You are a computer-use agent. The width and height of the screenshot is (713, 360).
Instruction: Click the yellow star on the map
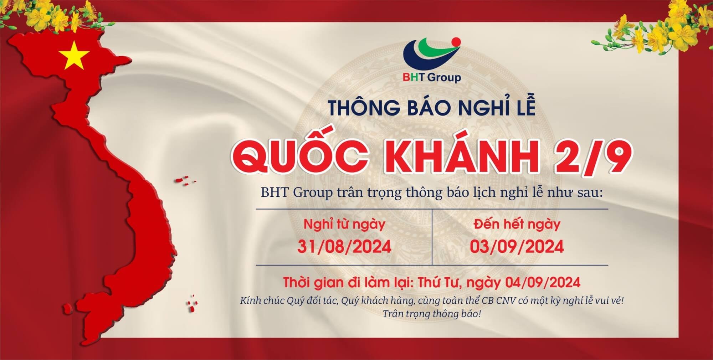[x=75, y=56]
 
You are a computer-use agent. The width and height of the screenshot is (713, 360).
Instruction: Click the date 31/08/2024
[x=344, y=247]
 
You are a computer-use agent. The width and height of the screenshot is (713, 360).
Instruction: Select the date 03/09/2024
[x=517, y=247]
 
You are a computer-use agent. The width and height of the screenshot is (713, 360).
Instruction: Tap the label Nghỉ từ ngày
[x=344, y=225]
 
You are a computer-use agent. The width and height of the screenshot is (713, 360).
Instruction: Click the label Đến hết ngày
[x=517, y=224]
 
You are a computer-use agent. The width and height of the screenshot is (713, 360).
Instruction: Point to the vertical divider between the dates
[x=432, y=237]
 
